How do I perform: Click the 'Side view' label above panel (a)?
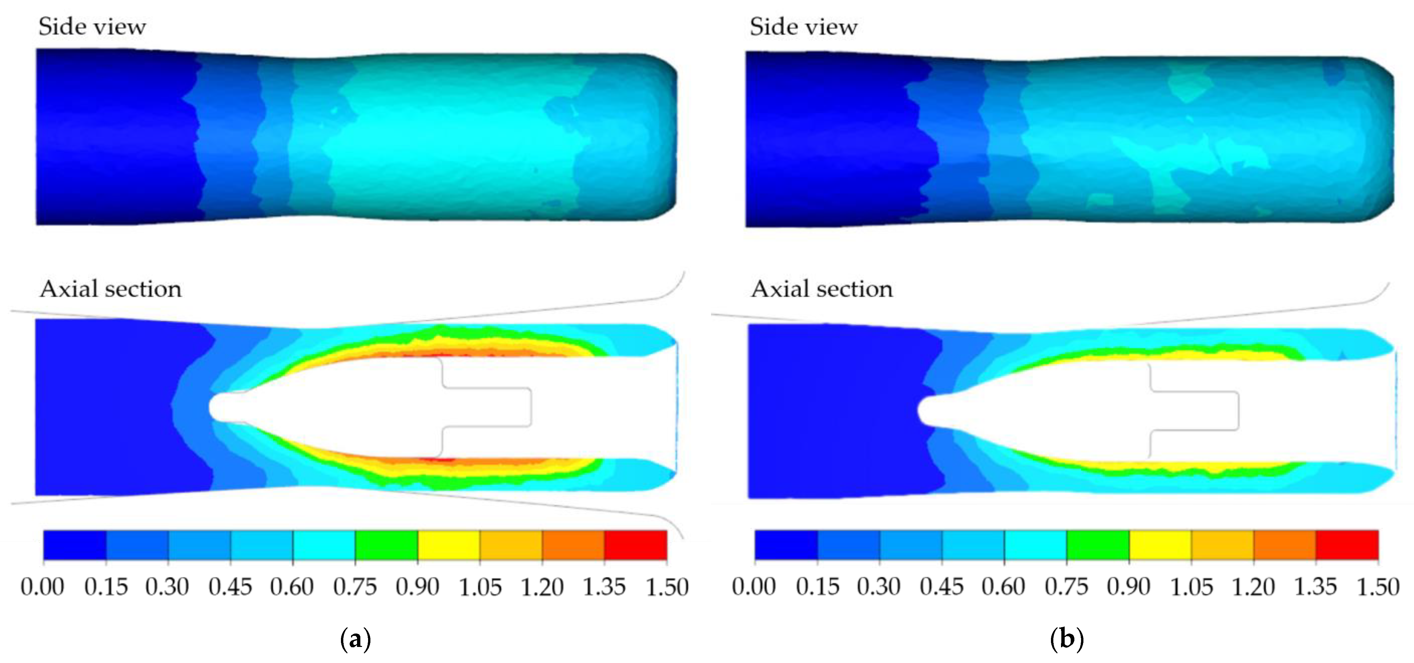coord(92,26)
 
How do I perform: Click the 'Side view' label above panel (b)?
coord(804,26)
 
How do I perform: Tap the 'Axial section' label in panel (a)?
coord(110,289)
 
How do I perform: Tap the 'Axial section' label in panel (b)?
coord(822,289)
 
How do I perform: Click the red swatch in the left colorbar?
coord(636,545)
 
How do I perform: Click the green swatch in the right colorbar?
coord(1098,545)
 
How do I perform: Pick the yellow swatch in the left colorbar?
coord(449,545)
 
